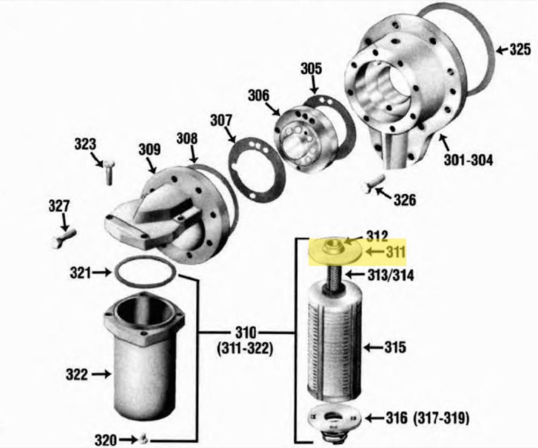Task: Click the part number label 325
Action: coord(520,49)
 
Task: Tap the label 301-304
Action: coord(469,160)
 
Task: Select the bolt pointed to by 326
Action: coord(374,183)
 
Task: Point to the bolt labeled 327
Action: coord(62,238)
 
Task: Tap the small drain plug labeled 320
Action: coord(144,438)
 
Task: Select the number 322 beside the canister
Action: coord(76,374)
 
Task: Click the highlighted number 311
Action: coord(396,252)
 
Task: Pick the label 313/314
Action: coord(391,275)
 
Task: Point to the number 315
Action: coord(395,347)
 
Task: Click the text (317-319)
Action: coord(441,418)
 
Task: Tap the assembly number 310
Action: coord(246,332)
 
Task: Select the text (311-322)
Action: coord(245,349)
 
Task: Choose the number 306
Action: coord(259,95)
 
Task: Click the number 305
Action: coord(312,69)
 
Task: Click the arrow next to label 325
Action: coord(502,50)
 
